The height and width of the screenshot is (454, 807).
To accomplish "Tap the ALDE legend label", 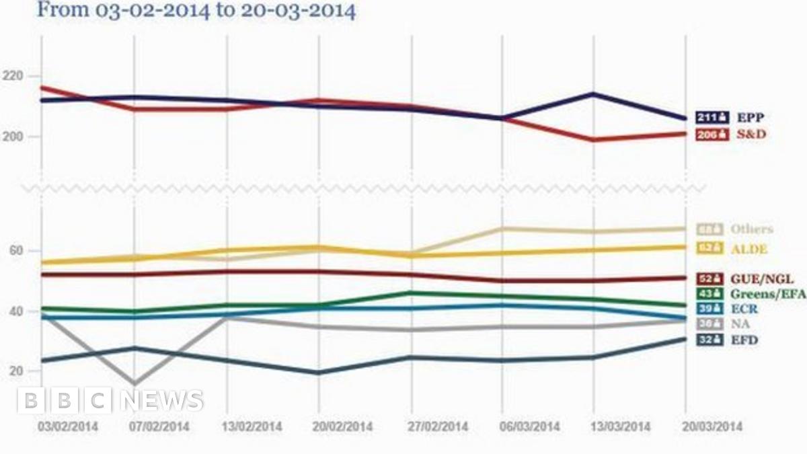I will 749,249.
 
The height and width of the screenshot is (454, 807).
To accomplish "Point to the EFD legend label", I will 744,340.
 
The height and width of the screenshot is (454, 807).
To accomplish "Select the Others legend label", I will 752,229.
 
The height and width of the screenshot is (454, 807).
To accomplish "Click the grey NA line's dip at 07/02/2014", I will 134,383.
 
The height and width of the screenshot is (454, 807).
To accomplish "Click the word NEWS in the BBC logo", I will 163,401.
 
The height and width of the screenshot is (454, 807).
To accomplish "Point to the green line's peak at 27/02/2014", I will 410,293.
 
